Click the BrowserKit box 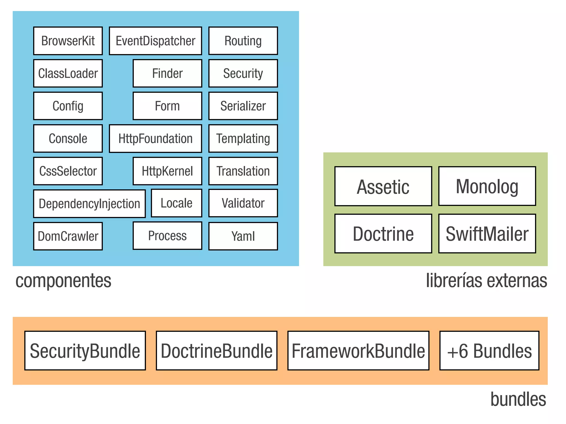coord(68,41)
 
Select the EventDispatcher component coord(155,41)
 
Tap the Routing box coord(243,41)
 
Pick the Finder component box coord(167,73)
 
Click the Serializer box coord(243,106)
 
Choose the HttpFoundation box coord(155,139)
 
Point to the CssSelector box coord(68,171)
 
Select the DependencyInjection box coord(89,204)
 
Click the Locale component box coord(176,203)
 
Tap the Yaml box coord(243,236)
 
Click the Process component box coord(167,236)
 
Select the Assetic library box coord(383,186)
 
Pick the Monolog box coord(487,186)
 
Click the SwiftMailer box coord(487,234)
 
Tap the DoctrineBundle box coord(216,351)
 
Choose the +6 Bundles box coord(489,351)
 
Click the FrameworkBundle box coord(358,351)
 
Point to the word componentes coord(63,281)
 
